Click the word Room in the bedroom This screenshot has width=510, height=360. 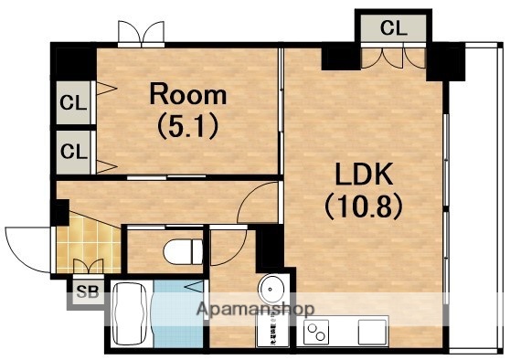point(188,94)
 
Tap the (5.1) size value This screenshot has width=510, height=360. point(187,127)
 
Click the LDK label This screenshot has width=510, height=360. point(364,174)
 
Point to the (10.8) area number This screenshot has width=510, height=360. point(364,206)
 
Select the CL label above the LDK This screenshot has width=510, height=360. point(394,27)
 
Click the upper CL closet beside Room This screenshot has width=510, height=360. point(73,102)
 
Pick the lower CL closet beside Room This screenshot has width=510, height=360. point(74,152)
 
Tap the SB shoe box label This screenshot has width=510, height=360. point(88,291)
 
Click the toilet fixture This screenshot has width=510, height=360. point(183,251)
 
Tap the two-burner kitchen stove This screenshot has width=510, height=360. point(316,332)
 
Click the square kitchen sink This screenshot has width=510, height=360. point(372,332)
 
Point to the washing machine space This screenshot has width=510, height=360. point(272,328)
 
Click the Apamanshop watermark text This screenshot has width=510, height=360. point(255,309)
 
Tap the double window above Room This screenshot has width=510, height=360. point(141,34)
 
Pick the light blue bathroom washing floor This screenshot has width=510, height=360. point(178,314)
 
